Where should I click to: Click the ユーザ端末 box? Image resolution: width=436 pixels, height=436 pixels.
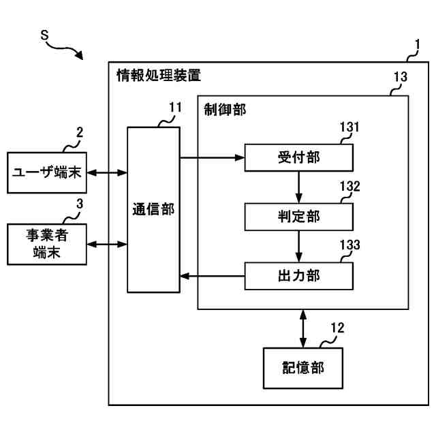(x=47, y=172)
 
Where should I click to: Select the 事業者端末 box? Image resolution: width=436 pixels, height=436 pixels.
(x=47, y=244)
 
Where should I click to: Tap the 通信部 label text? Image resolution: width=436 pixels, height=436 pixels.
(x=153, y=209)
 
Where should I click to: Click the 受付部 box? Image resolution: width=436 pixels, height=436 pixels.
(x=299, y=157)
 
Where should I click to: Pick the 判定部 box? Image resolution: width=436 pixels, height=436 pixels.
(x=299, y=217)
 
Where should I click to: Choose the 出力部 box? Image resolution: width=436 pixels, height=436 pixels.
(x=299, y=276)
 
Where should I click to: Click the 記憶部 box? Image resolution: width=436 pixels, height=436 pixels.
(x=302, y=368)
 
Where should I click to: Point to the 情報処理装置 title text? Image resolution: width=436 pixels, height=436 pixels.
(x=159, y=75)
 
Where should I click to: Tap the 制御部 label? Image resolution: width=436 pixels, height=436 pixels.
(x=225, y=110)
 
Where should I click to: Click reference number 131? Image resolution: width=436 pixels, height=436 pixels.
(x=349, y=127)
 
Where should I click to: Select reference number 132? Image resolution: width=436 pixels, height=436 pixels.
(x=349, y=186)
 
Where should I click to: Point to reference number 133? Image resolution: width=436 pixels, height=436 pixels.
(x=349, y=245)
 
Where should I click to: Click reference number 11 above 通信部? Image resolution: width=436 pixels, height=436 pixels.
(x=176, y=108)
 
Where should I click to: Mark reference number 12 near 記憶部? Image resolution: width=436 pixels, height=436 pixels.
(x=338, y=328)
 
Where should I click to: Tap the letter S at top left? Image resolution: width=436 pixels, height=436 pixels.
(x=44, y=35)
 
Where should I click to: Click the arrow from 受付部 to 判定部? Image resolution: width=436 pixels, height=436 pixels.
(x=299, y=187)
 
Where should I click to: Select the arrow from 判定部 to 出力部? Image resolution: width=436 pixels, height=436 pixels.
(x=299, y=247)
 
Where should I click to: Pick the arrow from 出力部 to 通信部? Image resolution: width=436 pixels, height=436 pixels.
(x=213, y=276)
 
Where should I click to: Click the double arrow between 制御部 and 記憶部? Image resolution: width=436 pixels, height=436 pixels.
(x=303, y=328)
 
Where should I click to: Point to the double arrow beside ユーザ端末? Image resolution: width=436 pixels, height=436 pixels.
(x=107, y=172)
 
